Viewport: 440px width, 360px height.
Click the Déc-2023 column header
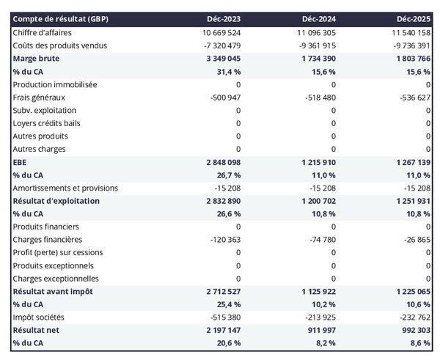[x=224, y=18]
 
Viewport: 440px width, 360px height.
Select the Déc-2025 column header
[x=414, y=18]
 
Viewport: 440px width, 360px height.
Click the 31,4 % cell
[x=227, y=71]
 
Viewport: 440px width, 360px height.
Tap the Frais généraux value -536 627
[x=411, y=98]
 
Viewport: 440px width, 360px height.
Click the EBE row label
[x=20, y=162]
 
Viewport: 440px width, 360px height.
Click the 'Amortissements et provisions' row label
[x=65, y=188]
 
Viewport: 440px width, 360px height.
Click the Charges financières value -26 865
[x=414, y=240]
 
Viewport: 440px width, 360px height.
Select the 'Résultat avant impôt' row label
[x=52, y=291]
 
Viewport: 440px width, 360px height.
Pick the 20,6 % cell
[x=227, y=343]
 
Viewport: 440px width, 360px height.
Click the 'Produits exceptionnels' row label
[x=54, y=265]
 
